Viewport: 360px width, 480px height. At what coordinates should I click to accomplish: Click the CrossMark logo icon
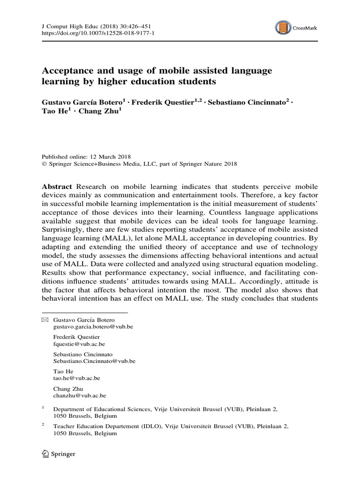281,28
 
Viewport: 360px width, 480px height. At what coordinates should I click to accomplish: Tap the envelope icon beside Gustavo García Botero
45,320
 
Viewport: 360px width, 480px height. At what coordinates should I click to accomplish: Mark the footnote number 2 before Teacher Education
43,424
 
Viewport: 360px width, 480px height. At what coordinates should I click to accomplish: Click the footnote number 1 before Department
43,407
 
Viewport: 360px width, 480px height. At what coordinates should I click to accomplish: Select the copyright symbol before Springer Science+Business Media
44,164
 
